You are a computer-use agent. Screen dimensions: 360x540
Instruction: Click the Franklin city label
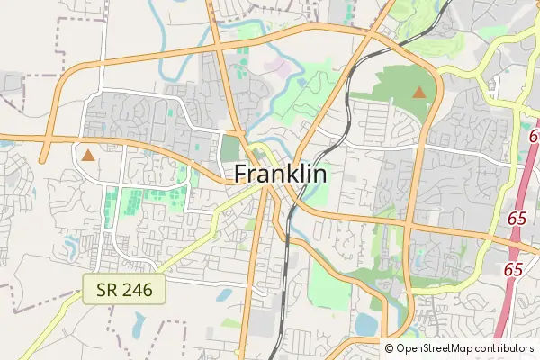[280, 174]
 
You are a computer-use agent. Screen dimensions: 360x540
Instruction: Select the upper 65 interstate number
[517, 219]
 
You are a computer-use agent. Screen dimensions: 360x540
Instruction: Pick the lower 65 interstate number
[514, 269]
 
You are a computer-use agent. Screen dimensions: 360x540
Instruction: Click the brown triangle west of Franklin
[88, 156]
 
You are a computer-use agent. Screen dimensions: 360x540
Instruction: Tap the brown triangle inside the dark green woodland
[418, 92]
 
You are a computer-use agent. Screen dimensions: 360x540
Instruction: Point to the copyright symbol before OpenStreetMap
[391, 348]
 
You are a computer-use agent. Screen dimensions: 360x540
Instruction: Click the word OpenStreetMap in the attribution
[434, 348]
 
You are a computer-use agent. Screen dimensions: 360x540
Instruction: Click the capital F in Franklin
[241, 175]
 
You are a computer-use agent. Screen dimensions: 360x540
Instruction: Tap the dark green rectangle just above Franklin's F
[231, 148]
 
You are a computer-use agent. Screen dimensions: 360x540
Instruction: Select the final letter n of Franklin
[319, 175]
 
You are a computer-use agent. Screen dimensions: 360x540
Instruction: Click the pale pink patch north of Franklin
[280, 67]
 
